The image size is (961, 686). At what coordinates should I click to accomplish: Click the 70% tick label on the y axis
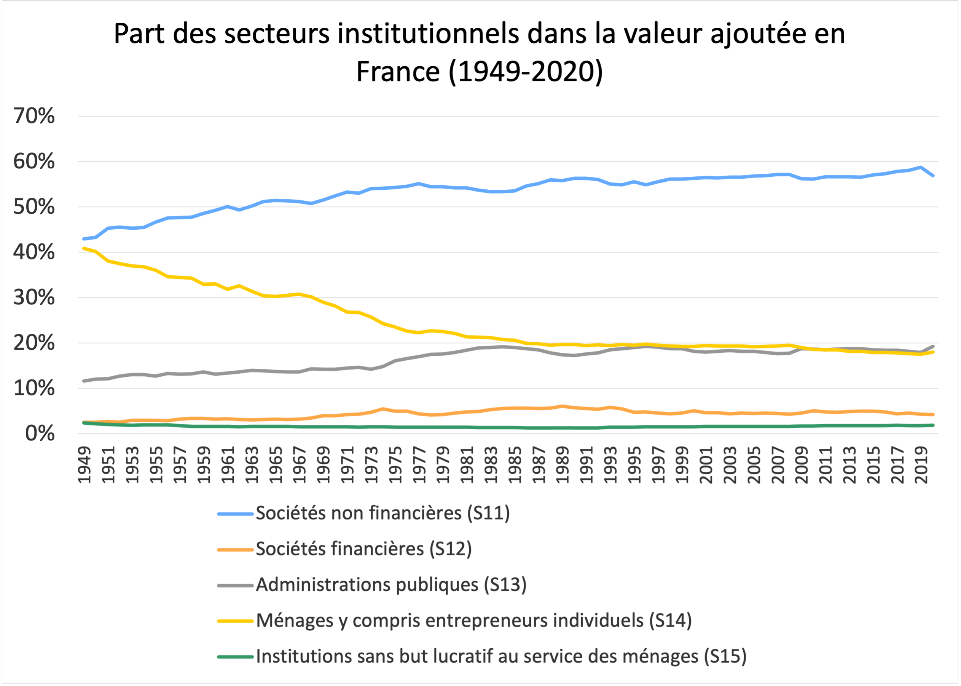[x=34, y=116]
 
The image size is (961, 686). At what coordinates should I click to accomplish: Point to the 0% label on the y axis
[x=40, y=433]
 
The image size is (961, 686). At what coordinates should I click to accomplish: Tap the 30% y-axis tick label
[x=34, y=298]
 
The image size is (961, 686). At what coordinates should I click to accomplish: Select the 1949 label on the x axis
[x=85, y=465]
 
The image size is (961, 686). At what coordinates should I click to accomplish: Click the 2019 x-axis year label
[x=921, y=465]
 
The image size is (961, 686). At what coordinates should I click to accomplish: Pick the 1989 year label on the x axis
[x=563, y=465]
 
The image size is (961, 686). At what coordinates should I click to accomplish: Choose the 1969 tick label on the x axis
[x=324, y=465]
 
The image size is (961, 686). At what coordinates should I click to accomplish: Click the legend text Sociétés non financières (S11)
[x=383, y=513]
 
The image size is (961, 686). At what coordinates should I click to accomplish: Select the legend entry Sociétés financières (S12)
[x=364, y=549]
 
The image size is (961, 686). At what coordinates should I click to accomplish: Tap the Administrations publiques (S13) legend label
[x=391, y=585]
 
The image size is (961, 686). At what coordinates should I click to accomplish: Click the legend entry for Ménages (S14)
[x=474, y=620]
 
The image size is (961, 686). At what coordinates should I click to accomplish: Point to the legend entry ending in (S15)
[x=501, y=656]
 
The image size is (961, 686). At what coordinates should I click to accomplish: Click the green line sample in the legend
[x=236, y=657]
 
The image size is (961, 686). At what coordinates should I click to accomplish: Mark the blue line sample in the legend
[x=236, y=514]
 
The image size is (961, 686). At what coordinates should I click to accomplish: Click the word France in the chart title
[x=398, y=71]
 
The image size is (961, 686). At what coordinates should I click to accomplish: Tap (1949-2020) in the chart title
[x=526, y=71]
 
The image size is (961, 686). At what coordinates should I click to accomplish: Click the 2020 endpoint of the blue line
[x=933, y=175]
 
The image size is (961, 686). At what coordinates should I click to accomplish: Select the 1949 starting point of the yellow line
[x=84, y=248]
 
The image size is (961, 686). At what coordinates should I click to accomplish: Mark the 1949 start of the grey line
[x=84, y=381]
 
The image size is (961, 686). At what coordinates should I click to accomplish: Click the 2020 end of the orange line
[x=933, y=414]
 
